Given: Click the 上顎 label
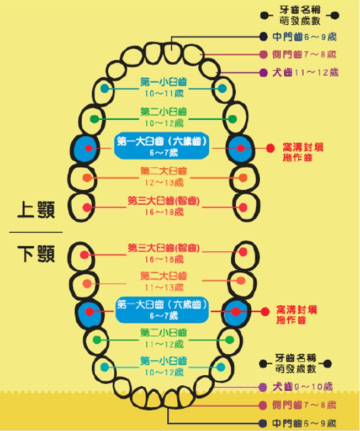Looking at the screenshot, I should pos(36,209).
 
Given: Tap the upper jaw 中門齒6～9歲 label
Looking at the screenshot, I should pos(304,37).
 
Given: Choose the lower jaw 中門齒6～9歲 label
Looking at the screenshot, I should pos(304,423).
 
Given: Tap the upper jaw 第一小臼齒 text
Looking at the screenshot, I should pos(163,82).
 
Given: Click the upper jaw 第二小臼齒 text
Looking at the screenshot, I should pos(163,111).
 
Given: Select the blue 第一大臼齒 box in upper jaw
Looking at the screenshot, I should pos(163,146).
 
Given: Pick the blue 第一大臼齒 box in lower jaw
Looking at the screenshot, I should pos(163,310).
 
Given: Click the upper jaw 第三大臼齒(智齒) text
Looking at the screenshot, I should pos(163,200).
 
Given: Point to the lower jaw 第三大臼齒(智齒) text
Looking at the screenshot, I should pos(163,248).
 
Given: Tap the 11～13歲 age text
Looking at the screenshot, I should pos(163,288).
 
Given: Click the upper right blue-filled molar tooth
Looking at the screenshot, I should pos(239,149).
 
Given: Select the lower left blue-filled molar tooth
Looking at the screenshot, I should pos(88,312).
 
